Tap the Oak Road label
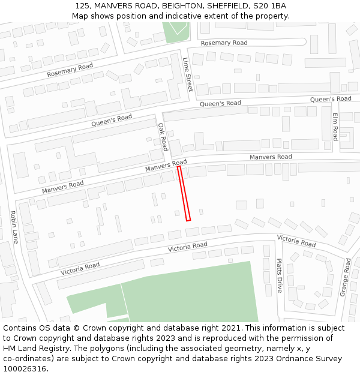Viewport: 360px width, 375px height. tap(163, 137)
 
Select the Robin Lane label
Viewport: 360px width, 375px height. tap(14, 227)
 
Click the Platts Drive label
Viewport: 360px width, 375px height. tap(278, 275)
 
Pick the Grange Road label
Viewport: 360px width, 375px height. tap(346, 277)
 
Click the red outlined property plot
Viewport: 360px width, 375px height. tap(184, 193)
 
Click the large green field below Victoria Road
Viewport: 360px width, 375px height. tap(192, 294)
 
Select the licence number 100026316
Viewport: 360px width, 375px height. tap(25, 368)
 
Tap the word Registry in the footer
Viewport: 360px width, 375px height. tap(64, 348)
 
